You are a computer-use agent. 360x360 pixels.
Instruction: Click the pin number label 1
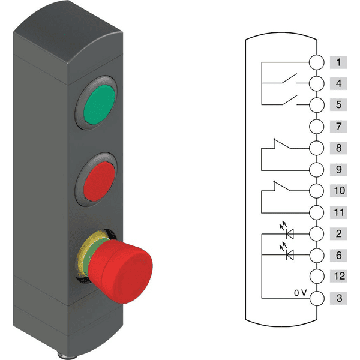tap(338, 62)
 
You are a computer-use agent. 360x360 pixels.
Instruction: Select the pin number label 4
tap(338, 83)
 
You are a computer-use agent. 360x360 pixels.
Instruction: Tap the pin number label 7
tap(338, 127)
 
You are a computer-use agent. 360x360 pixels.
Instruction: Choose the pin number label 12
tap(338, 277)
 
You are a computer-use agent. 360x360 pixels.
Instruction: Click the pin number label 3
tap(338, 298)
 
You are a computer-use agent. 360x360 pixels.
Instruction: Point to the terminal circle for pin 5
tap(317, 105)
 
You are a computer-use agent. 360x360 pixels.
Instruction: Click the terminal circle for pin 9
tap(317, 169)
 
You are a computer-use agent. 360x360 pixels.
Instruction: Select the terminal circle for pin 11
tap(317, 212)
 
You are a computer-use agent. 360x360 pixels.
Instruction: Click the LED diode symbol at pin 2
tap(291, 233)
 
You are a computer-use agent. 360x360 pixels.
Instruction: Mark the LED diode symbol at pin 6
tap(291, 255)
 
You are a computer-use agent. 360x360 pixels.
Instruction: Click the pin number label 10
tap(338, 191)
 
